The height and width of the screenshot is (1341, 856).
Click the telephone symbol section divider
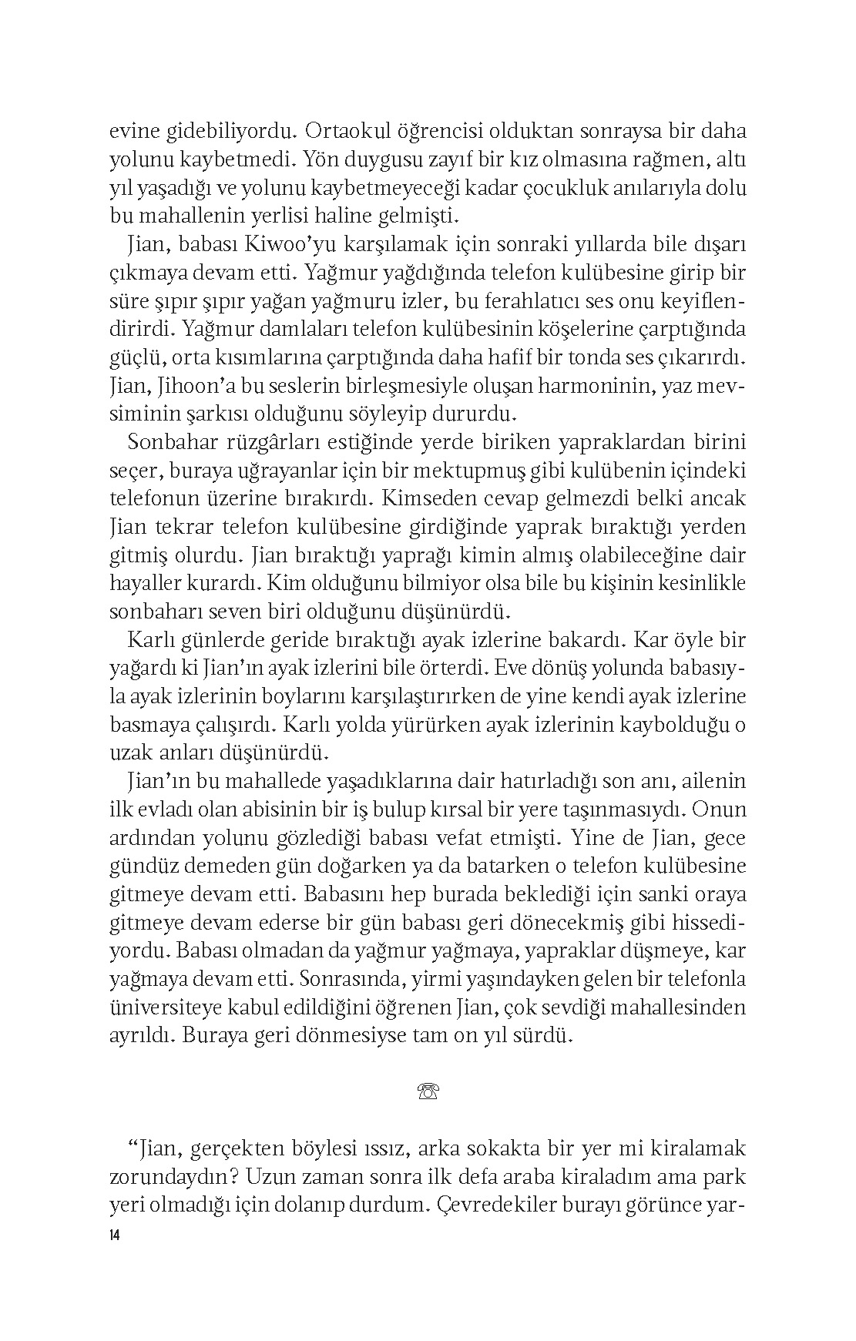[427, 1091]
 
